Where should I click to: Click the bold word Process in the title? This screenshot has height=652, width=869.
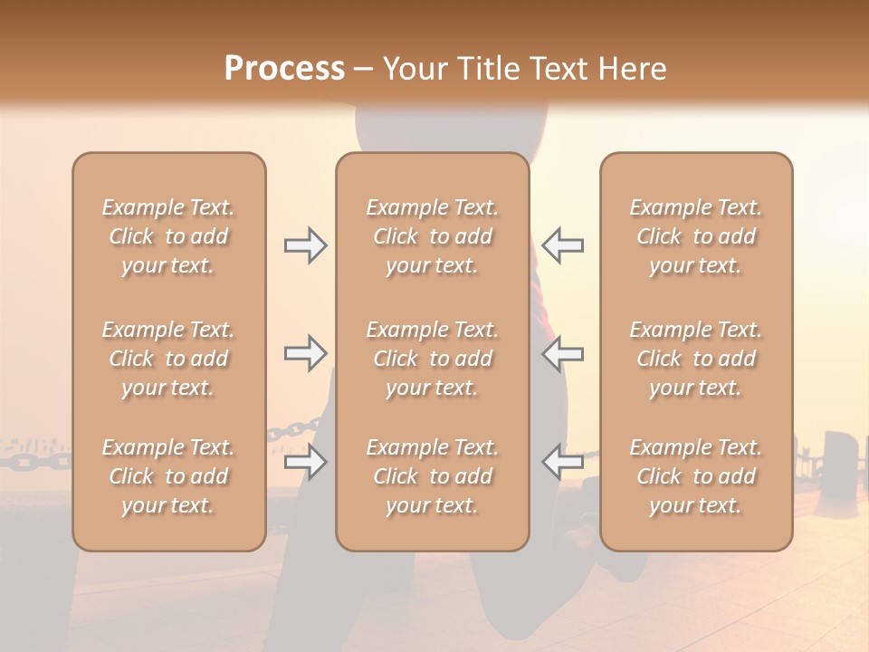coord(284,69)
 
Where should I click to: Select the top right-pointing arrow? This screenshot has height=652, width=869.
coord(305,245)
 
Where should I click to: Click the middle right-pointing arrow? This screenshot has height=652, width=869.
coord(305,353)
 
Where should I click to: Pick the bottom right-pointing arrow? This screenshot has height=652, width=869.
coord(305,462)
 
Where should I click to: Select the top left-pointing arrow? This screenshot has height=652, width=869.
coord(563,245)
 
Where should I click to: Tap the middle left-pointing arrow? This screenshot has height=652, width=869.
coord(563,353)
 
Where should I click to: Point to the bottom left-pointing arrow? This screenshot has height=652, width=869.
coord(563,462)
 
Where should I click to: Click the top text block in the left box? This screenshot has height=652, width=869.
coord(168,236)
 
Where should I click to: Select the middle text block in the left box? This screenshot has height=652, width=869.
coord(168,359)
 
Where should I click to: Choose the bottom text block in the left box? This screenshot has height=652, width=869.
coord(168,476)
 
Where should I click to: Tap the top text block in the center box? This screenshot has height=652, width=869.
coord(432,236)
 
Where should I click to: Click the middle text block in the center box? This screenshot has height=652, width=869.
coord(432,359)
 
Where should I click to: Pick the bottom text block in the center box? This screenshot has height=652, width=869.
coord(432,476)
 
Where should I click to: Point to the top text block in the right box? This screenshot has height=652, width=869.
coord(695,236)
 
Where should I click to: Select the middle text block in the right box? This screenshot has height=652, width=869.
coord(695,359)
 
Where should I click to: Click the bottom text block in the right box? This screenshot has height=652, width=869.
coord(695,476)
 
